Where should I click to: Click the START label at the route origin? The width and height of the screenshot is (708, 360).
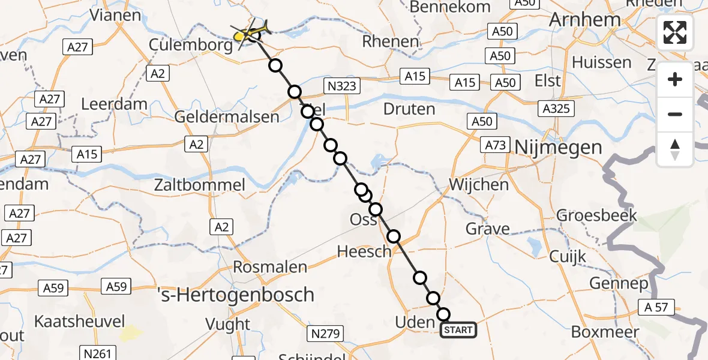coord(459,330)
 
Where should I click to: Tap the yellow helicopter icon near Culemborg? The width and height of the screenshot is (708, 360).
coord(249,33)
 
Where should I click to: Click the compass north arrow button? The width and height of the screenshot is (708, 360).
coord(675,149)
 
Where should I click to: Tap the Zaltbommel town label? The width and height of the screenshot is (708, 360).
coord(200,185)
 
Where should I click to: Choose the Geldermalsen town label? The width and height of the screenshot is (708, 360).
coord(227,116)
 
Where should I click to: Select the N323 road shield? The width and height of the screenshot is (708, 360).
coord(341,86)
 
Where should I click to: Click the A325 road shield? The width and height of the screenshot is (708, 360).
coord(557,109)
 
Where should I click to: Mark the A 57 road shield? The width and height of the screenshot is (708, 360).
coord(657,308)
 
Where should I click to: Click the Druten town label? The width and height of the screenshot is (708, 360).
coord(409,109)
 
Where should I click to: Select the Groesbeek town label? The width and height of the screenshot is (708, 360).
coord(596,215)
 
